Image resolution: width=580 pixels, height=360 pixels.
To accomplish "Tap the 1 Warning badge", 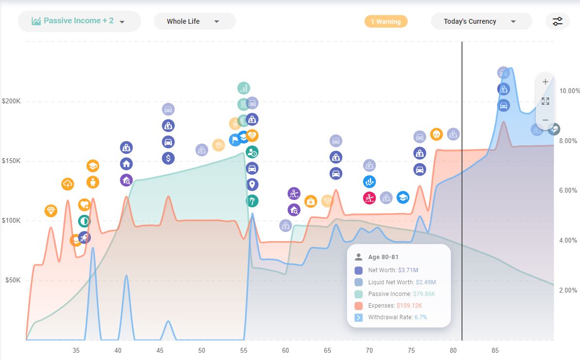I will click(x=386, y=21).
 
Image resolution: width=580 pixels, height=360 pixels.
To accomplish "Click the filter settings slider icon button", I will click(x=557, y=21).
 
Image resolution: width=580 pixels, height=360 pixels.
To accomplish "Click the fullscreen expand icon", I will click(x=545, y=101).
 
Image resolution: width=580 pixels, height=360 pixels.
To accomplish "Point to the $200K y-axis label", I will click(x=11, y=102).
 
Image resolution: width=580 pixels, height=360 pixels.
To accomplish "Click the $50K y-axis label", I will click(x=13, y=280).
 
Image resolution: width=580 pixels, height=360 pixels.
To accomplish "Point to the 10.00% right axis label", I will click(x=569, y=91).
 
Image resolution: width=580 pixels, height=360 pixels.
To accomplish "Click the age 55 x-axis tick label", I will click(x=244, y=350).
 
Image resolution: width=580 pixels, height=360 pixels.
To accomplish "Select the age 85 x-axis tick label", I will click(x=495, y=350).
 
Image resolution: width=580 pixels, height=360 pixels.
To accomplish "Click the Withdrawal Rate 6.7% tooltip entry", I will click(x=397, y=317).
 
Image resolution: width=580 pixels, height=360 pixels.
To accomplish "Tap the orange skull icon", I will click(x=436, y=134).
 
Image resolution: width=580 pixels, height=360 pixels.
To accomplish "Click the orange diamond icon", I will click(x=51, y=211).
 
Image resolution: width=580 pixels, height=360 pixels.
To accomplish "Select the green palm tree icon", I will click(x=252, y=201).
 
